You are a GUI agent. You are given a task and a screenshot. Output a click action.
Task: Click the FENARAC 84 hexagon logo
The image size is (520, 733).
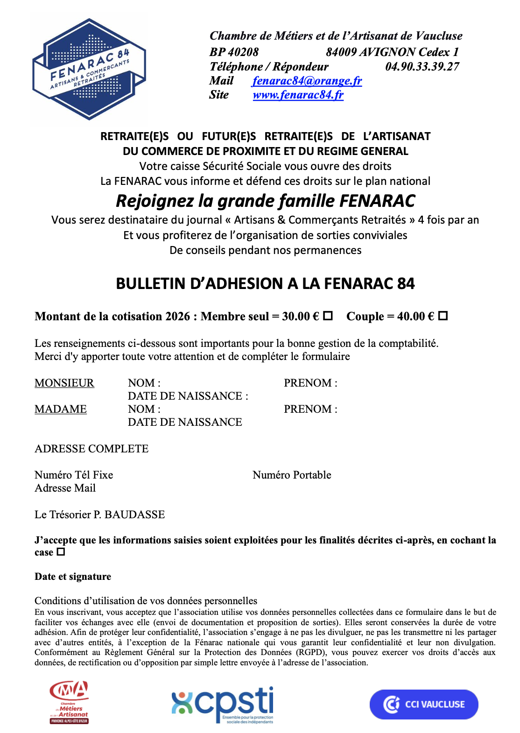coord(89,69)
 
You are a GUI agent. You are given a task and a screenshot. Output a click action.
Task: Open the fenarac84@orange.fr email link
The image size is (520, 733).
coord(307,81)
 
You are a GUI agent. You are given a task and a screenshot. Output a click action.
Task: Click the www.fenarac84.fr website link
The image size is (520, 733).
coord(298,95)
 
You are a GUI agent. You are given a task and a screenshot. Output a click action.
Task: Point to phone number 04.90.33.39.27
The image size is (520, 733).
coord(422,66)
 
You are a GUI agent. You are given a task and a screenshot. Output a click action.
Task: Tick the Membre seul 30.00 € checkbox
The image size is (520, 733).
coord(328,316)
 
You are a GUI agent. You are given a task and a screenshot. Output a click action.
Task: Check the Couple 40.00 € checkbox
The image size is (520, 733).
coord(443,316)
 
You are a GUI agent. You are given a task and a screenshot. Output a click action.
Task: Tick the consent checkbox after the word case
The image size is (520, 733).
coord(61,552)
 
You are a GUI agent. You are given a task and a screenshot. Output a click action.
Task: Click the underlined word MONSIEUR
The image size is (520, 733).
coord(64,383)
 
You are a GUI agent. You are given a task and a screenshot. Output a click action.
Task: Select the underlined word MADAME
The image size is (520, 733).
coord(61,409)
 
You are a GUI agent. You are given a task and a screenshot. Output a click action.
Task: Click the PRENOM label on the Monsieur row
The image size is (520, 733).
coord(310,383)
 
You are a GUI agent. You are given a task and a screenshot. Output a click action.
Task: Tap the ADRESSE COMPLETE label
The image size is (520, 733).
coord(91,449)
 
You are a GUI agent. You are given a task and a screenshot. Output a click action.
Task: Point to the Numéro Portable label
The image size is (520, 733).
coord(292,475)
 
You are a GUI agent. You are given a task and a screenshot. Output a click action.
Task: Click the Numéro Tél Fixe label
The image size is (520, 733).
coord(74,475)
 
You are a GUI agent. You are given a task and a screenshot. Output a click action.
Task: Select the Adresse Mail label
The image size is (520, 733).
coord(65,488)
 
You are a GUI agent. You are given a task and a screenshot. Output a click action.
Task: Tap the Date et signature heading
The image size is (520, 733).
coord(73,577)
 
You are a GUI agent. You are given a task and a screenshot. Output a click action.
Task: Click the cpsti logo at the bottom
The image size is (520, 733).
coord(223,704)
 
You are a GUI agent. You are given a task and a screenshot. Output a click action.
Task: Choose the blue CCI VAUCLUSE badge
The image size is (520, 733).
coord(424,704)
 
